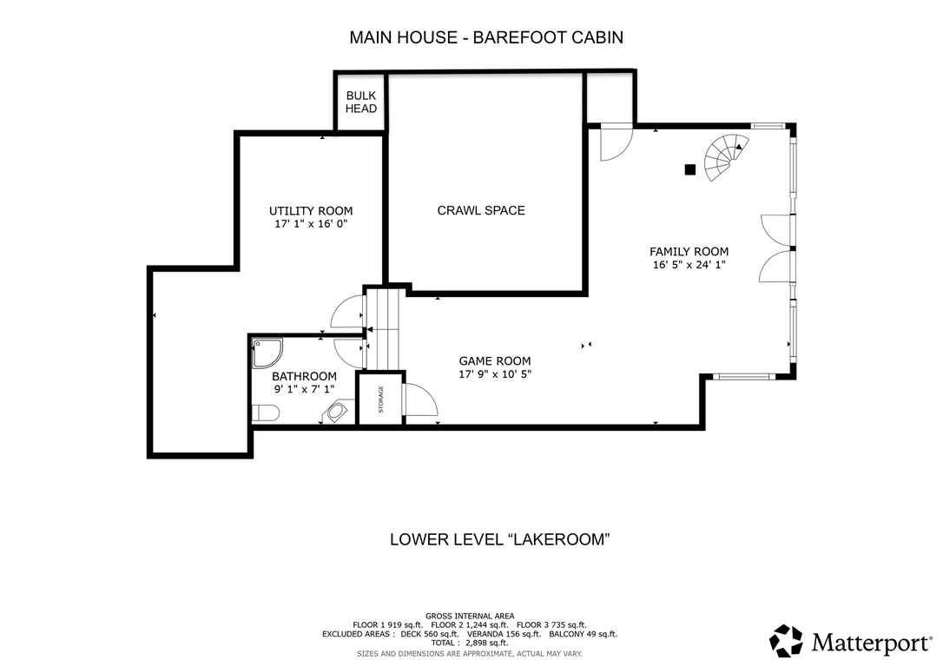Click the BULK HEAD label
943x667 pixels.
point(361,102)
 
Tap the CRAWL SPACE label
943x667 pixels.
point(481,210)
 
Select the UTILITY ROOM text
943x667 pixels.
point(311,211)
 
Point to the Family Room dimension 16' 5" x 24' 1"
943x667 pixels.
point(689,265)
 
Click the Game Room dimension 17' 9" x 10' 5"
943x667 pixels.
point(495,374)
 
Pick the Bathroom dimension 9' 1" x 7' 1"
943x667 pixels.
point(304,389)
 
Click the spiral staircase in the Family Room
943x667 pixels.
point(726,157)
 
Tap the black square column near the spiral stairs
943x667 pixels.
point(689,169)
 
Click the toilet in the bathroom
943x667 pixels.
point(265,413)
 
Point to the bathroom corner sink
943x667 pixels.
point(336,413)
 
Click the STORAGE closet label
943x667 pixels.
point(380,400)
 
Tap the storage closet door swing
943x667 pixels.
point(419,400)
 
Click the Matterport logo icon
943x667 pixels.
point(786,641)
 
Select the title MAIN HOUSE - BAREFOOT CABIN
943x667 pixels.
point(486,37)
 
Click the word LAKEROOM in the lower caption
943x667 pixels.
point(559,538)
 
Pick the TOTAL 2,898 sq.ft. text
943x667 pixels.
point(470,643)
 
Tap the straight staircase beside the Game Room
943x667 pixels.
point(382,329)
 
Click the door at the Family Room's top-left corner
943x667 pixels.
point(616,142)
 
